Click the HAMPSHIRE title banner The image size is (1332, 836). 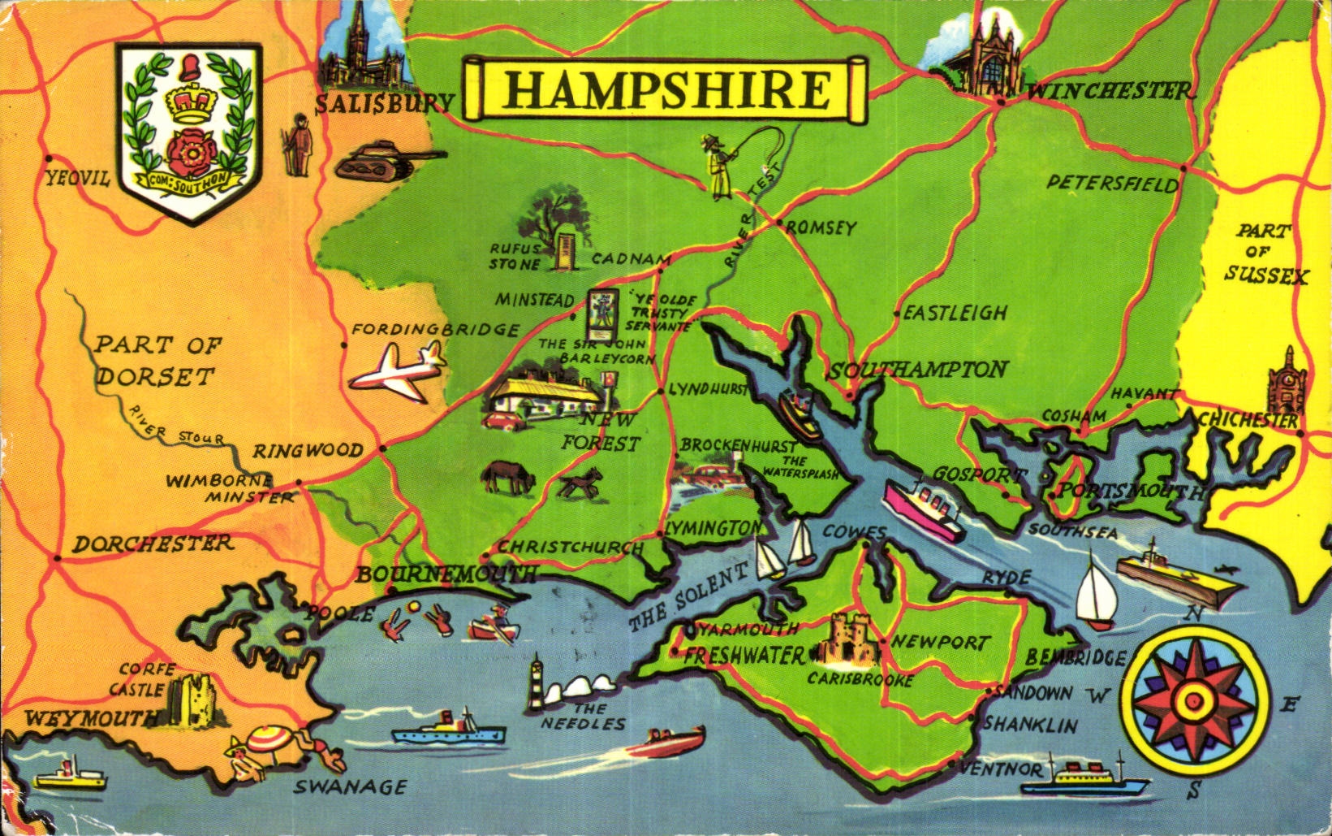pyautogui.click(x=666, y=89)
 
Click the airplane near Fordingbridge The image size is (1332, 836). pyautogui.click(x=398, y=371)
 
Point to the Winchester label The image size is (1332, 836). pyautogui.click(x=1109, y=91)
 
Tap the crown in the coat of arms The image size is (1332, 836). pyautogui.click(x=188, y=102)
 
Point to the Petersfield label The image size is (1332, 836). pyautogui.click(x=1112, y=184)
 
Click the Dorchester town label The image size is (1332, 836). pyautogui.click(x=153, y=544)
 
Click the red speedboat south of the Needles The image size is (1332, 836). pyautogui.click(x=674, y=740)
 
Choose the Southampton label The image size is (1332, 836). pyautogui.click(x=917, y=370)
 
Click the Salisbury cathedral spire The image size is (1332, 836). pyautogui.click(x=356, y=28)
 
